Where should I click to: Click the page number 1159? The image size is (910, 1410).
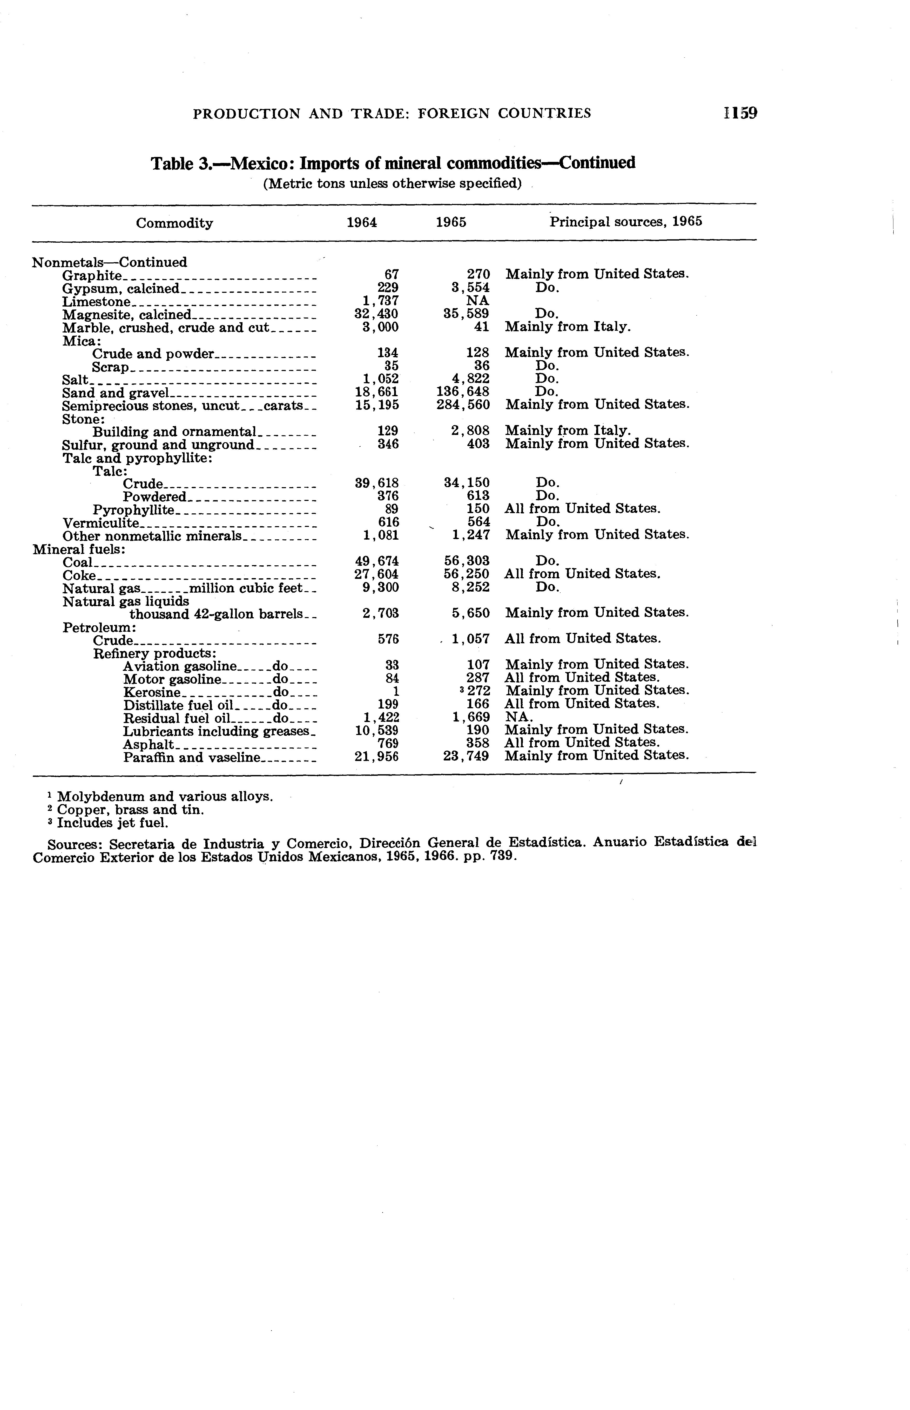click(x=739, y=113)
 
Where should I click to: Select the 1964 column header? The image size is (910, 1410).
click(x=362, y=222)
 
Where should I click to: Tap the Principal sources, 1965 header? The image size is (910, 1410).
click(x=626, y=222)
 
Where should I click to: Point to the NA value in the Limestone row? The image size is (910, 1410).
click(x=477, y=301)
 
